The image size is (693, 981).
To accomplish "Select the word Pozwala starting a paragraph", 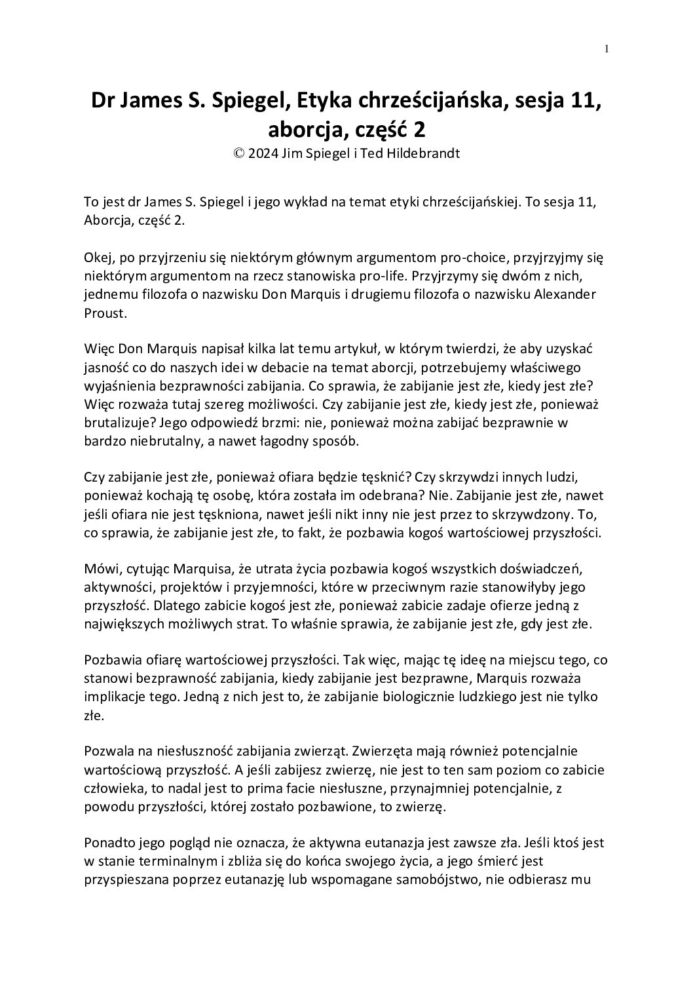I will [107, 750].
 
